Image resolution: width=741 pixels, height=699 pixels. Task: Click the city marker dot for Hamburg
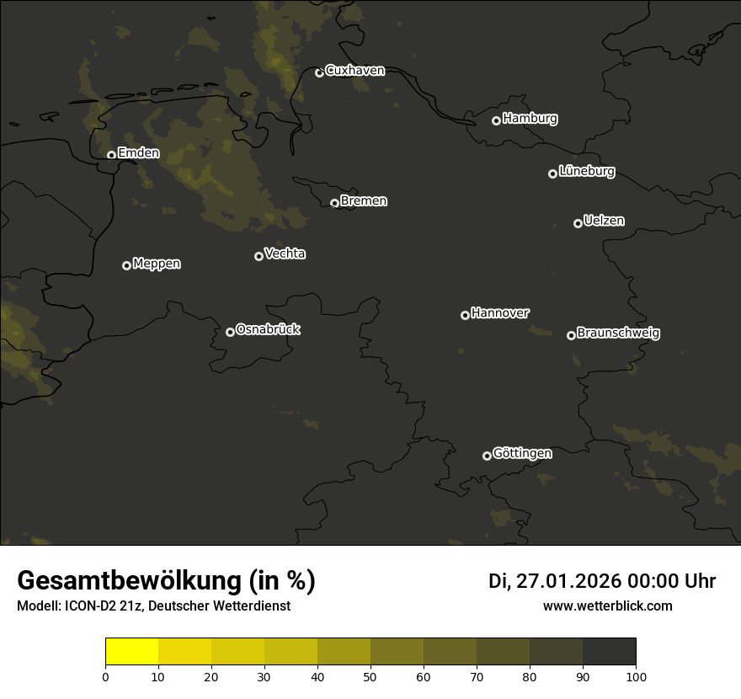pos(496,120)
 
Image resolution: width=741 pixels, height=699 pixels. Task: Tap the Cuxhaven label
pos(355,71)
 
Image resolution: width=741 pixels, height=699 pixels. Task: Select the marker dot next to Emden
pos(111,155)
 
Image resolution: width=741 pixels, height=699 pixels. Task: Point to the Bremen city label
pos(364,201)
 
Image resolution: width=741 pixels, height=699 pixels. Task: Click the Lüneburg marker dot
pos(552,173)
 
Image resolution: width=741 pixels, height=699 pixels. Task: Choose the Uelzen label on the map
pos(604,221)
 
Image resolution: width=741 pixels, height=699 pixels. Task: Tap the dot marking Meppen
pos(126,265)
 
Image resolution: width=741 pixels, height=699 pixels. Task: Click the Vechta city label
pos(285,253)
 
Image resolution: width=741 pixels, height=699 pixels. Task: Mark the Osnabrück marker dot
pos(230,332)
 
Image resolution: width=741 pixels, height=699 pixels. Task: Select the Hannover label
pos(500,313)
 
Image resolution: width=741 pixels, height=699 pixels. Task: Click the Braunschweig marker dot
pos(571,335)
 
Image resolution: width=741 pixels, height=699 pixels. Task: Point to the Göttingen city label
pos(522,453)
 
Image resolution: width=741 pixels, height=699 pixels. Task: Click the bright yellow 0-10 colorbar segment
pos(131,652)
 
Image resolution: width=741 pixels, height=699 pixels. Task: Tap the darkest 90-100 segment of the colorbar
pos(609,652)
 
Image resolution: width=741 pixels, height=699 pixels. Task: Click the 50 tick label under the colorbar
pos(370,676)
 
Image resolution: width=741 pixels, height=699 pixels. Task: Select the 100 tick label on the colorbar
pos(636,676)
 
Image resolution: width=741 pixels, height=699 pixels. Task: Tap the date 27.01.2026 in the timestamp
pos(566,581)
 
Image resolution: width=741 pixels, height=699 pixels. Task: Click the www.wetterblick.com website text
pos(607,606)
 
